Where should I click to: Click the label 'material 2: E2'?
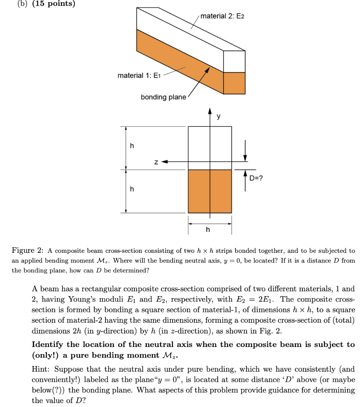point(222,16)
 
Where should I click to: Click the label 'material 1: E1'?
point(138,76)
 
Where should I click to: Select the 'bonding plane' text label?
point(163,97)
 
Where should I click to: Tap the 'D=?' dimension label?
point(256,178)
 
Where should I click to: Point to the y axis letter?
point(218,116)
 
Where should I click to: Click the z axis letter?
point(157,162)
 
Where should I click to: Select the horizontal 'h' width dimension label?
point(208,230)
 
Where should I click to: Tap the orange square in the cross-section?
point(210,191)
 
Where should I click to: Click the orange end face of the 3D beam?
point(234,83)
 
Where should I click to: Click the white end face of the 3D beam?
point(234,62)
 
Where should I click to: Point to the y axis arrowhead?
point(210,112)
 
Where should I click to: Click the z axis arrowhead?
point(163,162)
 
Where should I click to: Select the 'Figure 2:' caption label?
point(27,251)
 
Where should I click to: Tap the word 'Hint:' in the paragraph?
point(41,369)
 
